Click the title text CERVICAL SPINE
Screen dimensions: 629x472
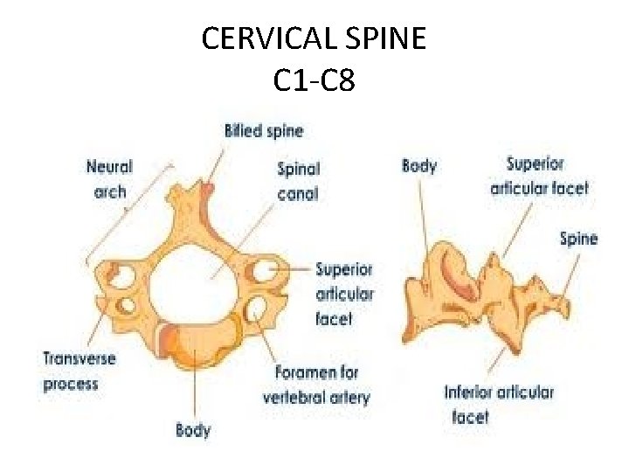point(314,38)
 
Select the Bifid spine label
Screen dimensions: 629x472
point(264,131)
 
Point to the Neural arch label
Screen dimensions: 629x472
point(109,178)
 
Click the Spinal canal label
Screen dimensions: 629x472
point(298,180)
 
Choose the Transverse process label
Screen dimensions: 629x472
point(79,371)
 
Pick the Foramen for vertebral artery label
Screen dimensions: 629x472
point(315,385)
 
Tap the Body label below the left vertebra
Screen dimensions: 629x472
point(193,429)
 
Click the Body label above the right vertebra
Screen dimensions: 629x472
point(418,166)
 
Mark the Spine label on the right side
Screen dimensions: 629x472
point(578,238)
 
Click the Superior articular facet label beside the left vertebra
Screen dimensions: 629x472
point(344,294)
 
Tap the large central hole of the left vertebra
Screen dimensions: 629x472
point(193,281)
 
